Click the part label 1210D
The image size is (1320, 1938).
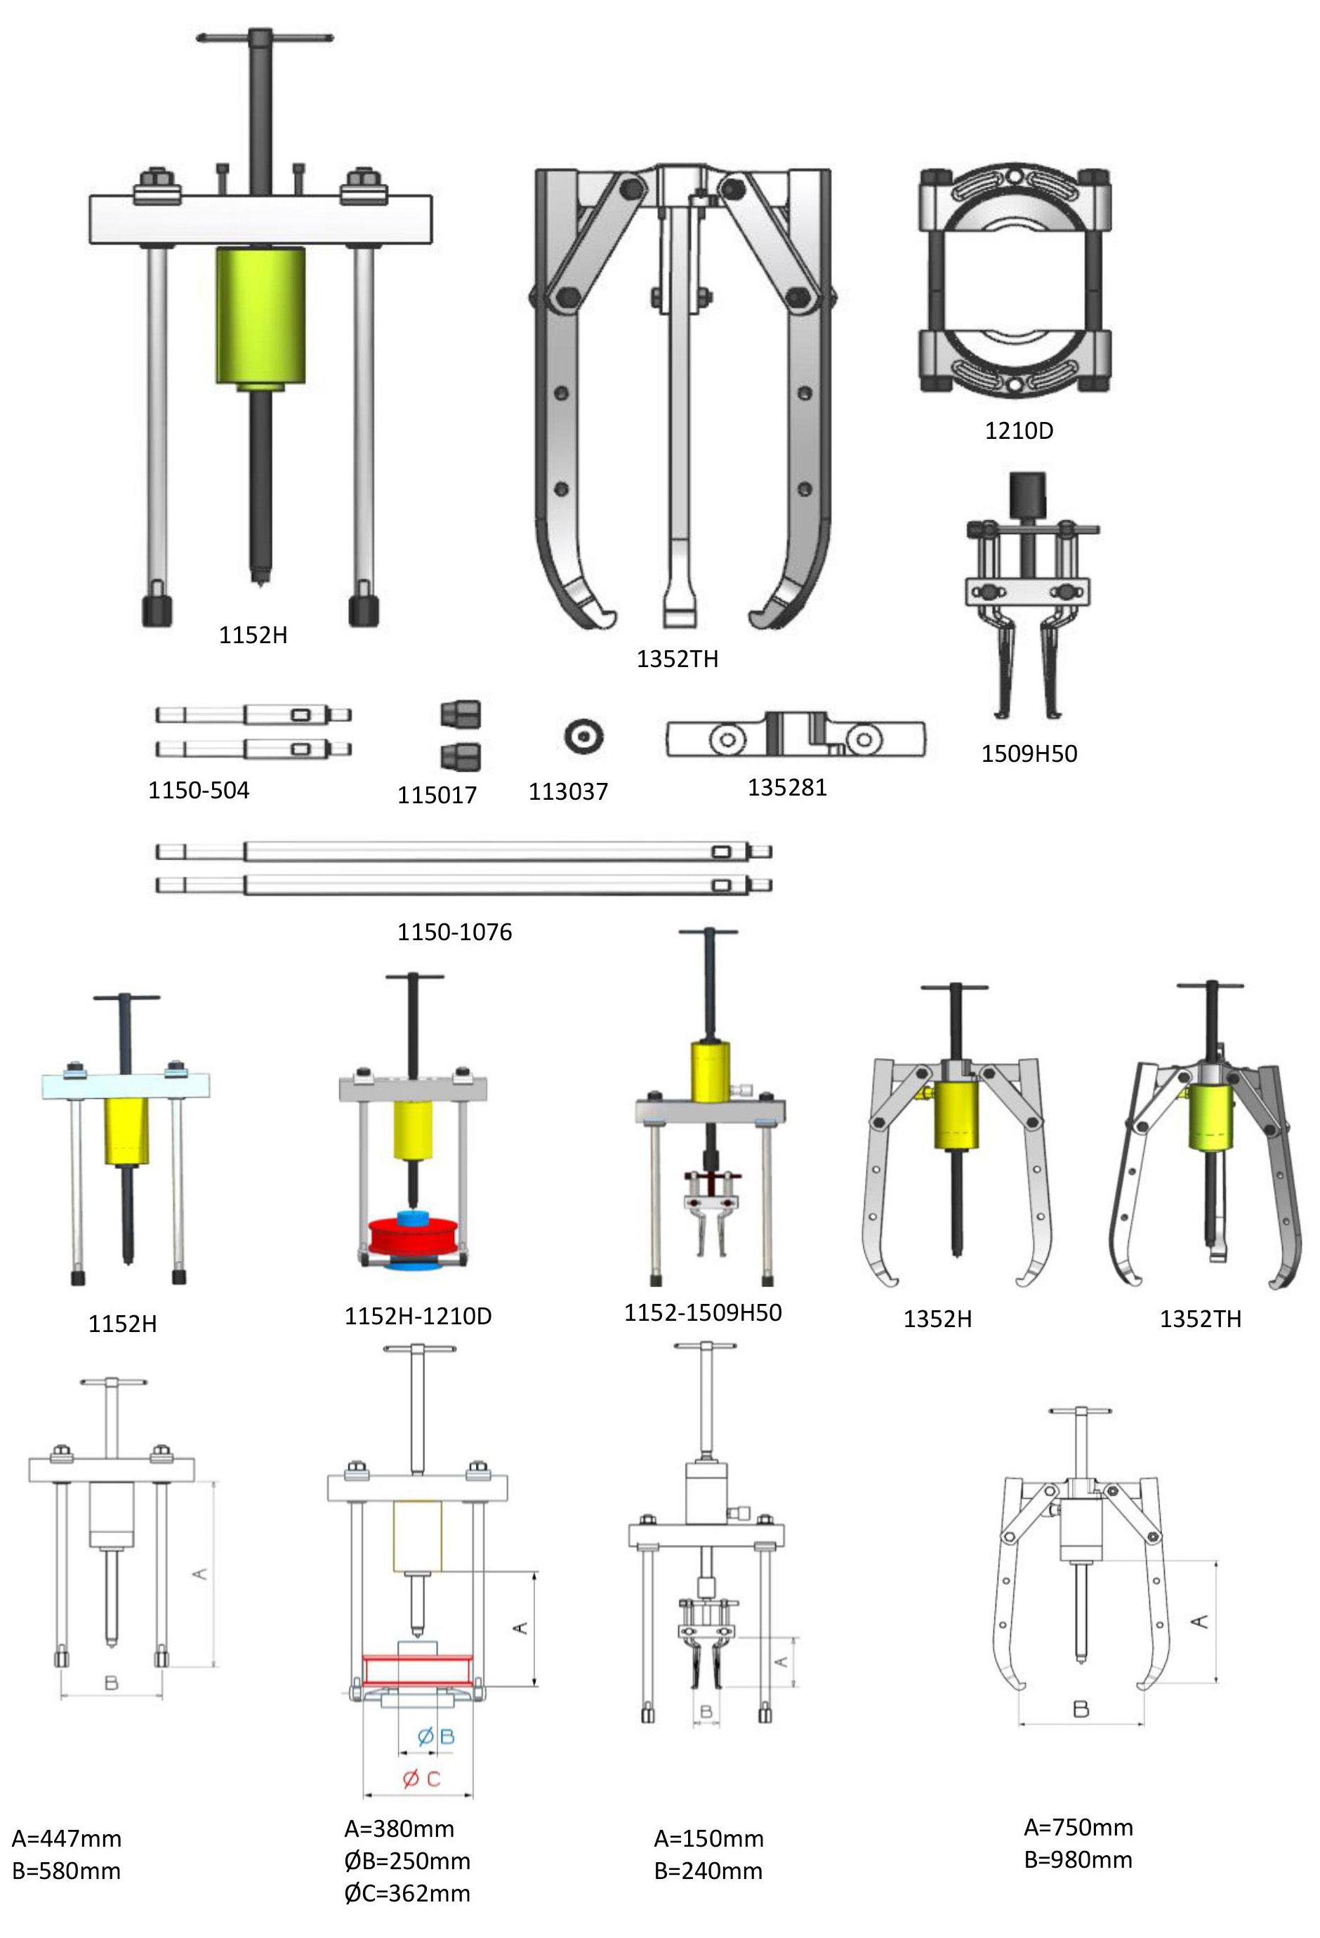click(x=1018, y=430)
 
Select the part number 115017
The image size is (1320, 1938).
click(x=436, y=795)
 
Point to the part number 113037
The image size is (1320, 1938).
click(x=568, y=791)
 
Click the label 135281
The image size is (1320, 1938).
click(x=786, y=787)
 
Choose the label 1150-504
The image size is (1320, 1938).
click(x=199, y=790)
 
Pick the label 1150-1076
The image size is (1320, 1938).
click(x=454, y=932)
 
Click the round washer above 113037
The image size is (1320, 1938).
click(x=583, y=737)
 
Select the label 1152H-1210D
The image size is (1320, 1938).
click(x=418, y=1316)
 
